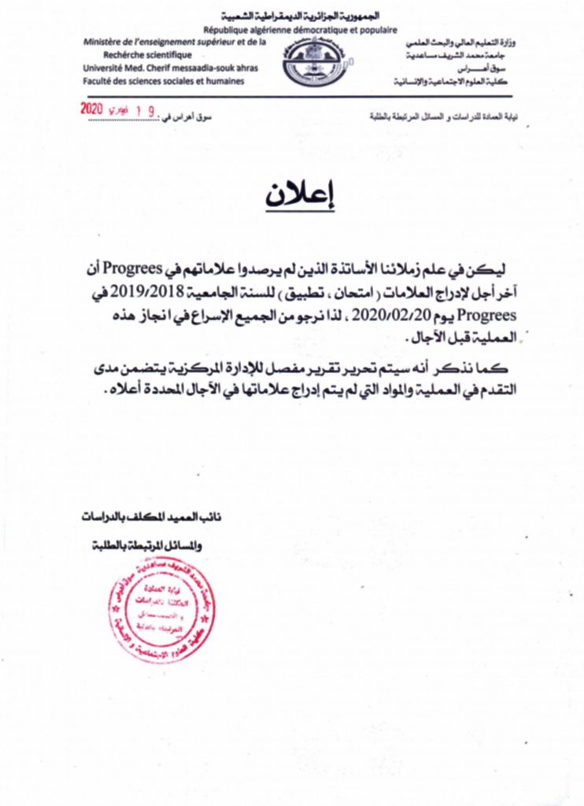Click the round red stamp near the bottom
pyautogui.click(x=162, y=610)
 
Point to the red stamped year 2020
pyautogui.click(x=93, y=110)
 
